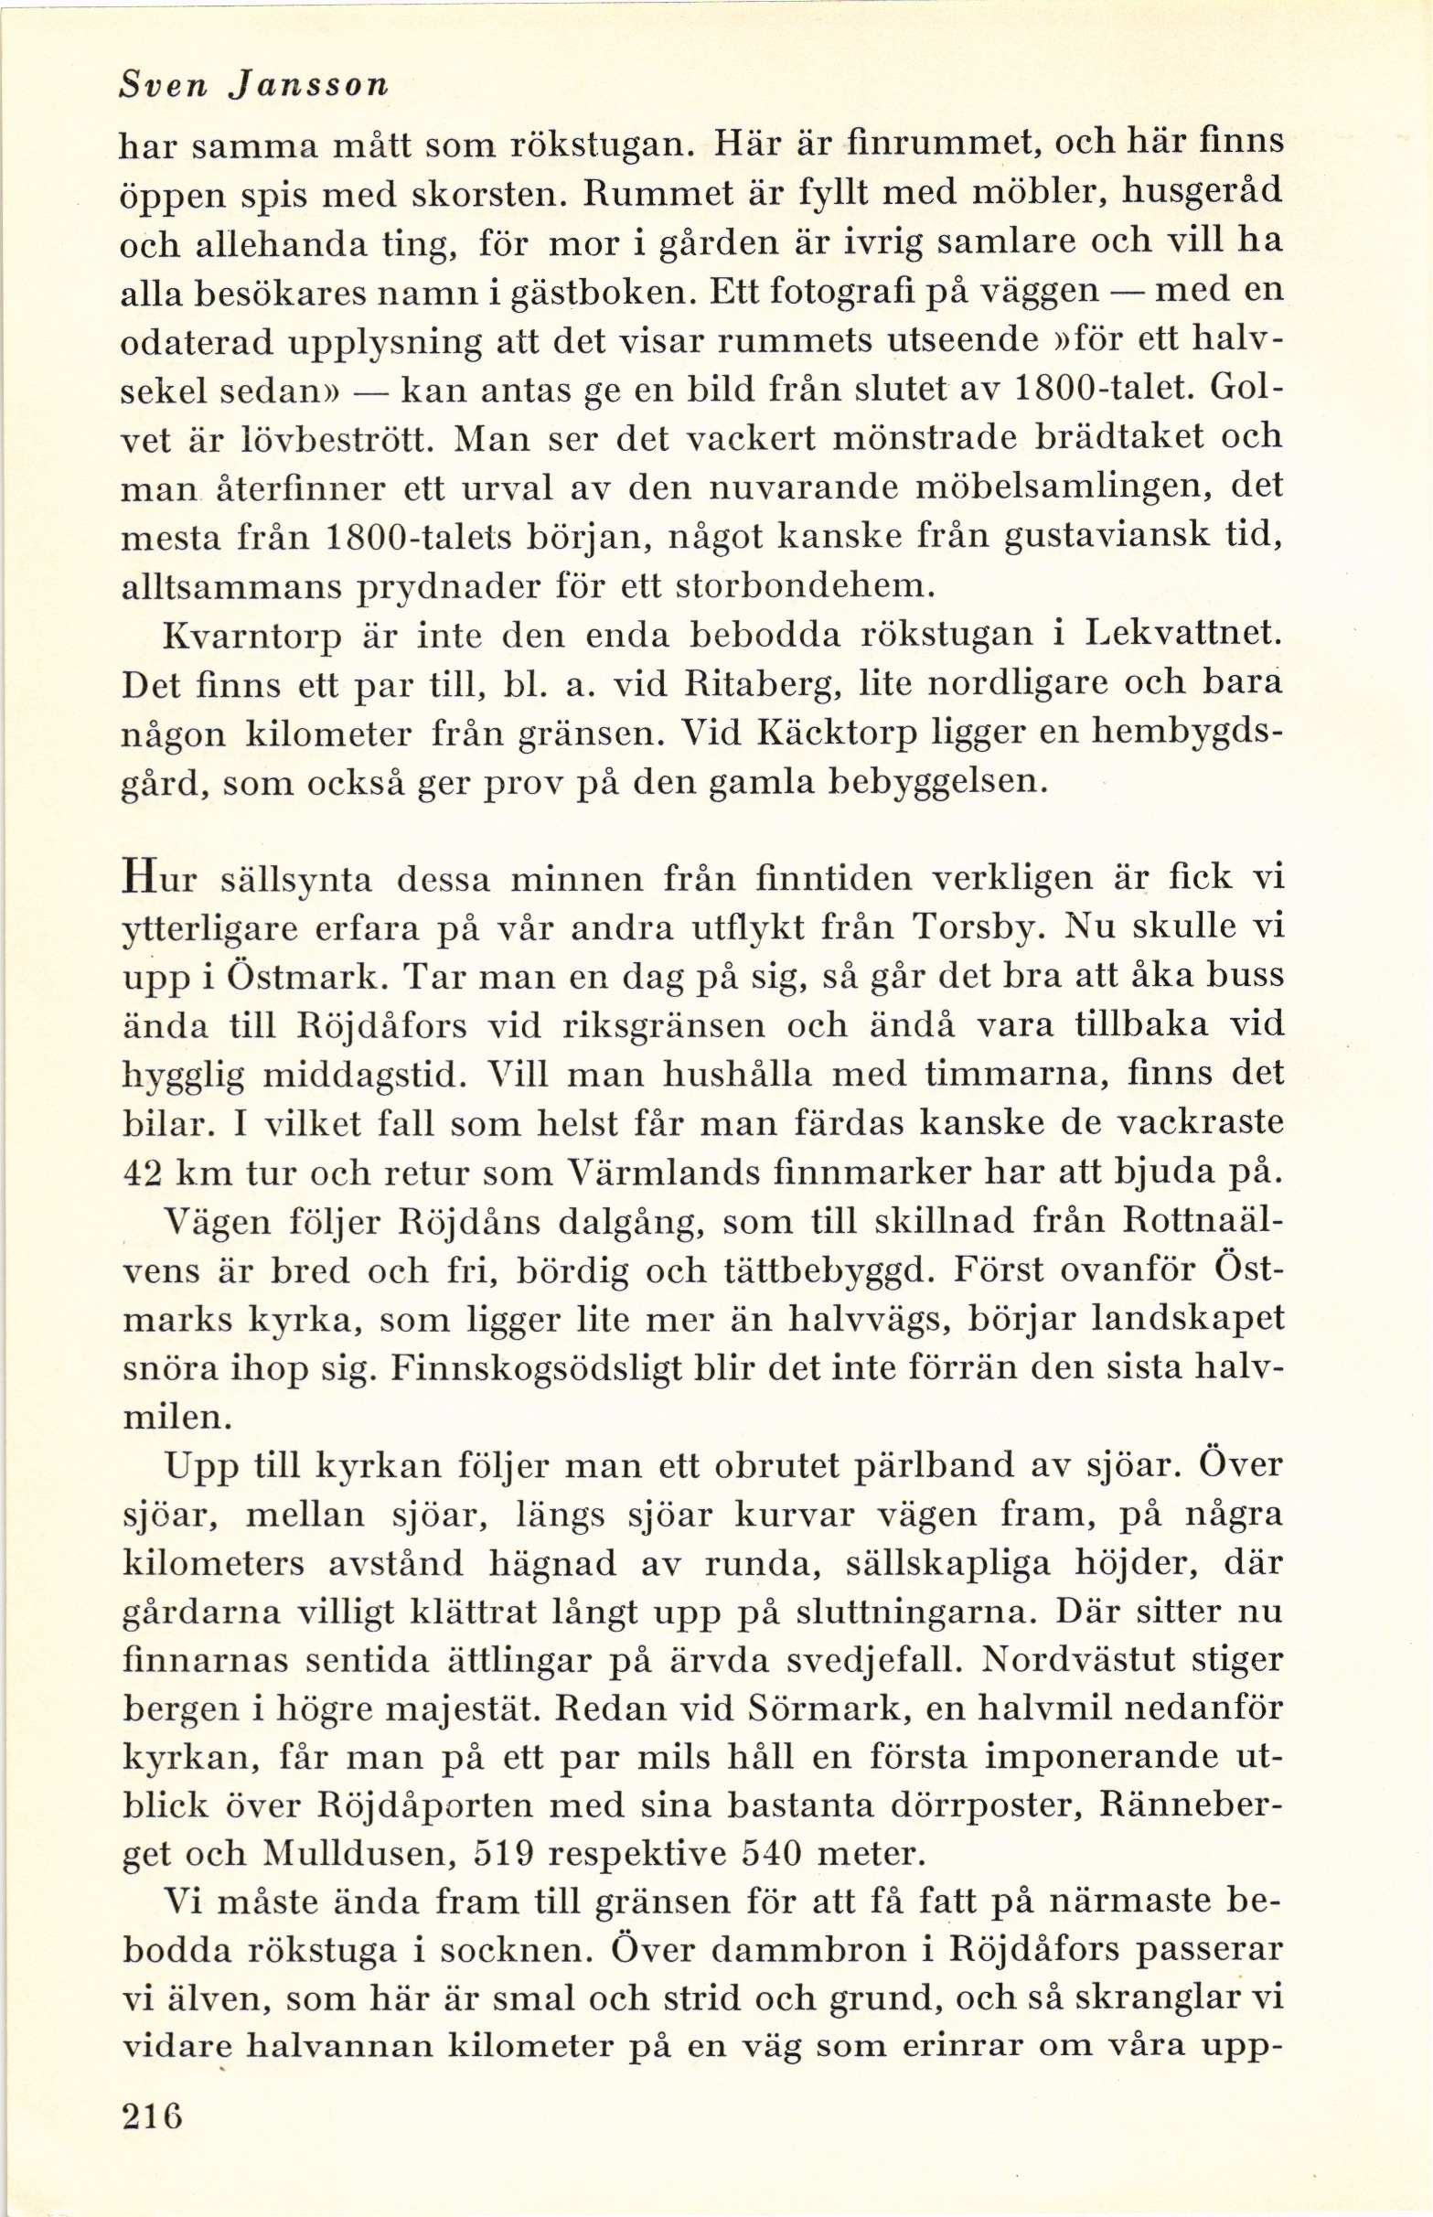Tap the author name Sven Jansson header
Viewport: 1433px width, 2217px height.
[x=254, y=87]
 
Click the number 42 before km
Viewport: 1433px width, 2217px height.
[x=144, y=1174]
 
